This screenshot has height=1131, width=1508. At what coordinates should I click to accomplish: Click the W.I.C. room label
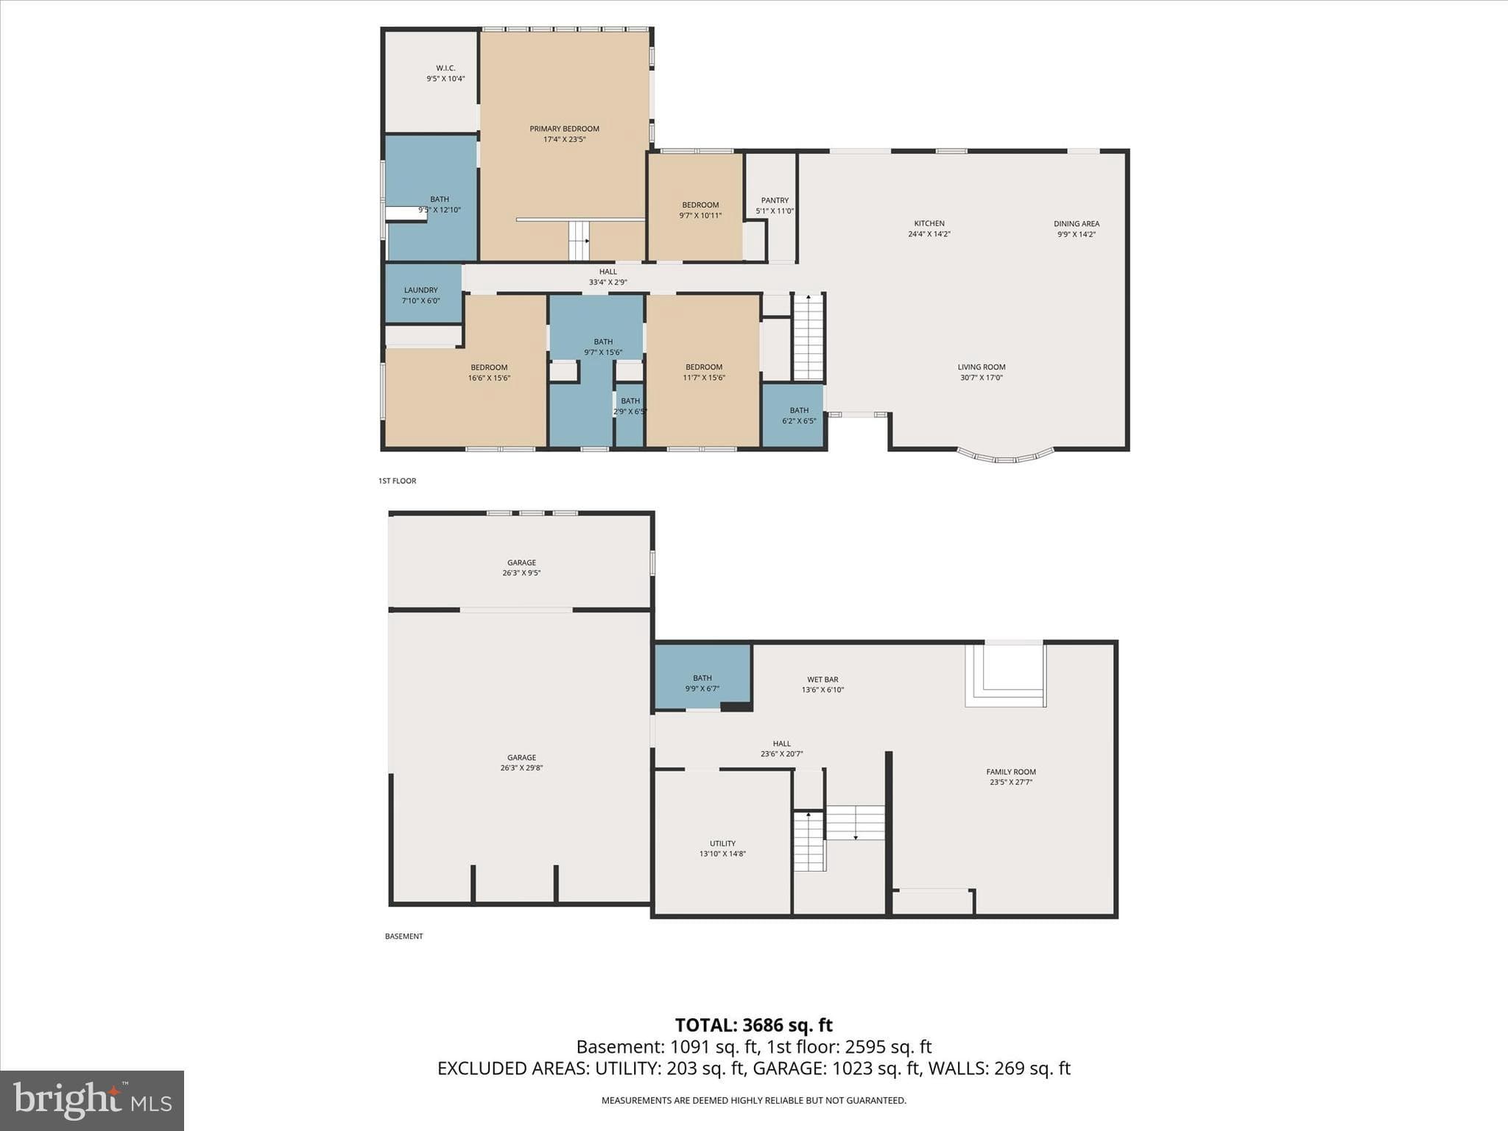click(x=445, y=68)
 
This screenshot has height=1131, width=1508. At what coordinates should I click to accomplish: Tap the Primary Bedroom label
click(x=565, y=129)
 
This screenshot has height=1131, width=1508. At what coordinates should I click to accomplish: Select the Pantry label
click(x=775, y=200)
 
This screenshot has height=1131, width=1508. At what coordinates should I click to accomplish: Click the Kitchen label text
click(x=929, y=223)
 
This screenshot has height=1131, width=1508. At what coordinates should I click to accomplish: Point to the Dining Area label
click(x=1077, y=224)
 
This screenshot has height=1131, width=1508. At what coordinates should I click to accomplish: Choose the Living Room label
click(x=982, y=367)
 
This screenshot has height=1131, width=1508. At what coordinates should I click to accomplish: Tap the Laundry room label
click(x=420, y=290)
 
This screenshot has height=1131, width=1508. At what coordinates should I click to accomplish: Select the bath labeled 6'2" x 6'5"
click(x=799, y=416)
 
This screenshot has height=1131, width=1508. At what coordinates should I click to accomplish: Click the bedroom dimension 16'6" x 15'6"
click(x=489, y=378)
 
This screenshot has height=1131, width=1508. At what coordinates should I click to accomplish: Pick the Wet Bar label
click(x=822, y=680)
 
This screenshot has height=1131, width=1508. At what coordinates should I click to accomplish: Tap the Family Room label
click(x=1011, y=772)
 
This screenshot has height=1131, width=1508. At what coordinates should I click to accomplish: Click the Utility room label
click(x=722, y=844)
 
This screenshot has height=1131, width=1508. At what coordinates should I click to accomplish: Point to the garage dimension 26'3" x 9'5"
click(x=521, y=573)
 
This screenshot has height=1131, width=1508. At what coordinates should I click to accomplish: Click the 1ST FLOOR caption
click(x=398, y=481)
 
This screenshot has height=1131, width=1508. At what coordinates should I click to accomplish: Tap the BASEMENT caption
click(x=404, y=937)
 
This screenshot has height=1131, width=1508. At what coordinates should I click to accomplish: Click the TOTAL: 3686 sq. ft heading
click(x=754, y=1025)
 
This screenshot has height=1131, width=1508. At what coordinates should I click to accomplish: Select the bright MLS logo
click(x=92, y=1101)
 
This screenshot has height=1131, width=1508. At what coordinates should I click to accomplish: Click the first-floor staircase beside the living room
click(x=808, y=337)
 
